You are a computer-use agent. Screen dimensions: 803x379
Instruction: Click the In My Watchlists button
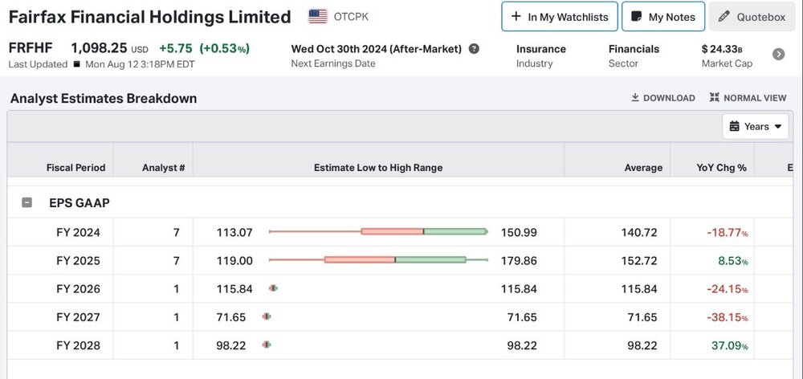tap(560, 17)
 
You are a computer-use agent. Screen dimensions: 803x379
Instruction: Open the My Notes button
tap(663, 17)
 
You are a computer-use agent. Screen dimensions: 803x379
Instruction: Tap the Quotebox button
tap(752, 17)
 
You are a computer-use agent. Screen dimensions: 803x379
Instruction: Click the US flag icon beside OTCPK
tap(318, 16)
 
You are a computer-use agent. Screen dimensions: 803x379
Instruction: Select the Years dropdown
tap(756, 127)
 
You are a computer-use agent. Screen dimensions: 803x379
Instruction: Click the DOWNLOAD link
tap(663, 98)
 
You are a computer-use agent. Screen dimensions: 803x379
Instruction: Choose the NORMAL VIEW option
tap(748, 98)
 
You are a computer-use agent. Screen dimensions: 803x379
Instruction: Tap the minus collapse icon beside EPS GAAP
tap(26, 203)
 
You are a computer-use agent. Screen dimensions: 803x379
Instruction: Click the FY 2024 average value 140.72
tap(639, 233)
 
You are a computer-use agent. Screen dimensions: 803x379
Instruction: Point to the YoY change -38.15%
tap(728, 317)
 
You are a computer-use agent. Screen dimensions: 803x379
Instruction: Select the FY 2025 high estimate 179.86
tap(519, 261)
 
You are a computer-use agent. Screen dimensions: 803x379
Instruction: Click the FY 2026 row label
tap(79, 289)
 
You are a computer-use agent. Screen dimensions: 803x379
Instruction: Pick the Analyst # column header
tap(163, 168)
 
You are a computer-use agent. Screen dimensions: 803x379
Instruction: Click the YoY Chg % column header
tap(721, 168)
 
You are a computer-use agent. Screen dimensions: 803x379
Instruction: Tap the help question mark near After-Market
tap(475, 49)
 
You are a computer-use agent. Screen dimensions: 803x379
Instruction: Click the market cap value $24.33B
tap(722, 49)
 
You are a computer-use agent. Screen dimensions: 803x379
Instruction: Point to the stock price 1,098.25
tap(99, 48)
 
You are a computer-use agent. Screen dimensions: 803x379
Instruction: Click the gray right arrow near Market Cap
tap(778, 55)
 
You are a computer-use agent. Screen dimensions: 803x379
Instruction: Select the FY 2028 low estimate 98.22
tap(231, 345)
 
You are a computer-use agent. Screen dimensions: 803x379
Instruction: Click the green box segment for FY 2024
tap(454, 231)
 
